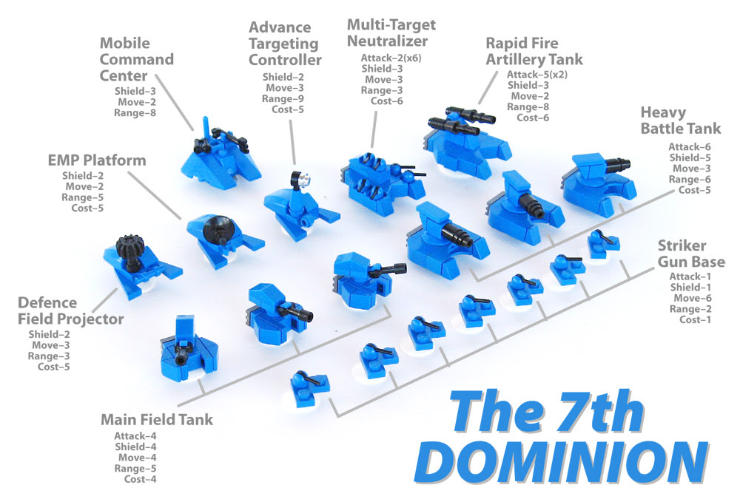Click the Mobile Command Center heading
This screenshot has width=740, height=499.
137,59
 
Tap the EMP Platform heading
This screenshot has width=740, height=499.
97,160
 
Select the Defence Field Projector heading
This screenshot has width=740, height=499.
71,311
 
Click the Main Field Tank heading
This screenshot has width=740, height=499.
156,420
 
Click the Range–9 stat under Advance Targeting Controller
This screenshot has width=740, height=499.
282,98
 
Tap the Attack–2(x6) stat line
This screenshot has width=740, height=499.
391,58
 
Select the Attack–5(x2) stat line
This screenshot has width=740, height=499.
536,74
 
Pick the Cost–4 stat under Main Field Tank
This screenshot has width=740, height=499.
140,479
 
